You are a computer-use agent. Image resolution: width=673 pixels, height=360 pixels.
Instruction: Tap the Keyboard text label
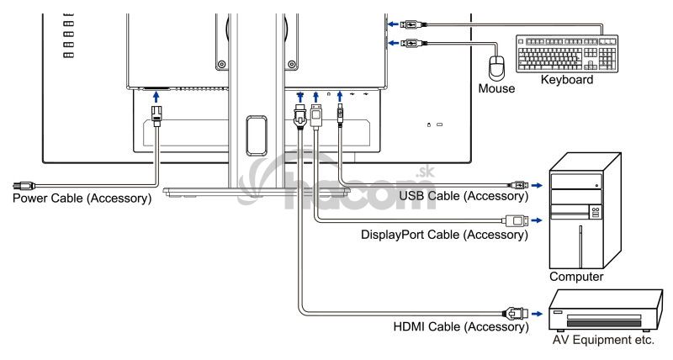tap(567, 81)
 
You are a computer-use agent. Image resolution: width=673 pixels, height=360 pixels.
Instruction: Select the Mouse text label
tap(495, 87)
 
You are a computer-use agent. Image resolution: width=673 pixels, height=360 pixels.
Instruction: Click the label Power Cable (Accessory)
tap(77, 199)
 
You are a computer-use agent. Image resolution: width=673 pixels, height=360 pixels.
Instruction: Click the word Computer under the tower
tap(576, 276)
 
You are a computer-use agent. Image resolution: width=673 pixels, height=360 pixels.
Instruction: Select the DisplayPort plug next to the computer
tap(514, 221)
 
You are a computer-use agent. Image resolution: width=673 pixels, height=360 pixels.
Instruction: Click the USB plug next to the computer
tap(517, 183)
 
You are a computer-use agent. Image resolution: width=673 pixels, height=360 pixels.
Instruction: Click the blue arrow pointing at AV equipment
tap(536, 311)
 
